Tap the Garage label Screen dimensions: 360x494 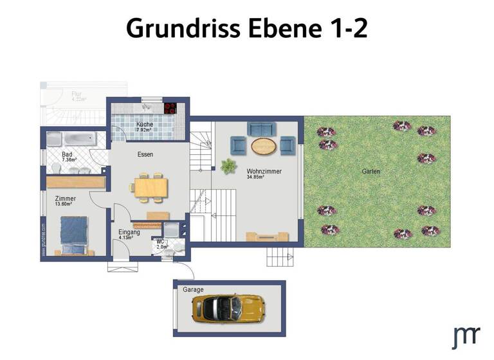click(193, 290)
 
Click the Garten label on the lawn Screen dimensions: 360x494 click(370, 172)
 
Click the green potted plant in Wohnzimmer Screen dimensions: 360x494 click(228, 166)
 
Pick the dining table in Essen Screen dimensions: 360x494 click(151, 186)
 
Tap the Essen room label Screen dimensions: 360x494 click(145, 154)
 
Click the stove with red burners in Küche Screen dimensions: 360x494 click(170, 108)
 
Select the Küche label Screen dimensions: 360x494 click(143, 124)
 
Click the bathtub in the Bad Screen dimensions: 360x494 click(76, 138)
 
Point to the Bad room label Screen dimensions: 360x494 click(67, 155)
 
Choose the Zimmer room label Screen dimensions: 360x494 click(66, 199)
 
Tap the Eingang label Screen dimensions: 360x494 click(129, 232)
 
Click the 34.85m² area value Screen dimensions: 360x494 click(255, 177)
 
